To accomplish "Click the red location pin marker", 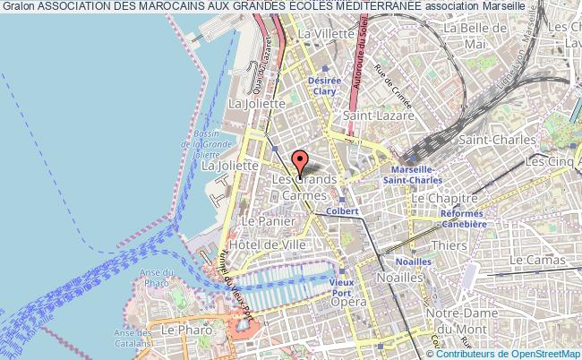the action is (x=300, y=162).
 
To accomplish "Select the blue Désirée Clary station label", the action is (x=324, y=84).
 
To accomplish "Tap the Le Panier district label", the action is (x=262, y=220).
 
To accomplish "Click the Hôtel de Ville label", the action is (x=270, y=244).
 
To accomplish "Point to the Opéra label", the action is (x=347, y=304).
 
